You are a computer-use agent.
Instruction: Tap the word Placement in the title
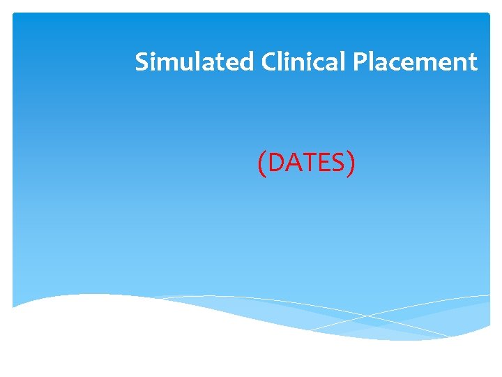click(416, 62)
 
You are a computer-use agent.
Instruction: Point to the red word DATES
click(306, 163)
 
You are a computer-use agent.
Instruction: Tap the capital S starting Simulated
click(142, 62)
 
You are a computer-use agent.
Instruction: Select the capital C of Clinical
click(270, 62)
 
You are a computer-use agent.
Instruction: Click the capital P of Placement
click(360, 62)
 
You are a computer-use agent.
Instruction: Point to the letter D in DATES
click(275, 163)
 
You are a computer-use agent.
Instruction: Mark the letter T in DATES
click(307, 163)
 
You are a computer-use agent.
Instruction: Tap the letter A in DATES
click(291, 163)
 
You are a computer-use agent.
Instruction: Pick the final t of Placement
click(473, 63)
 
